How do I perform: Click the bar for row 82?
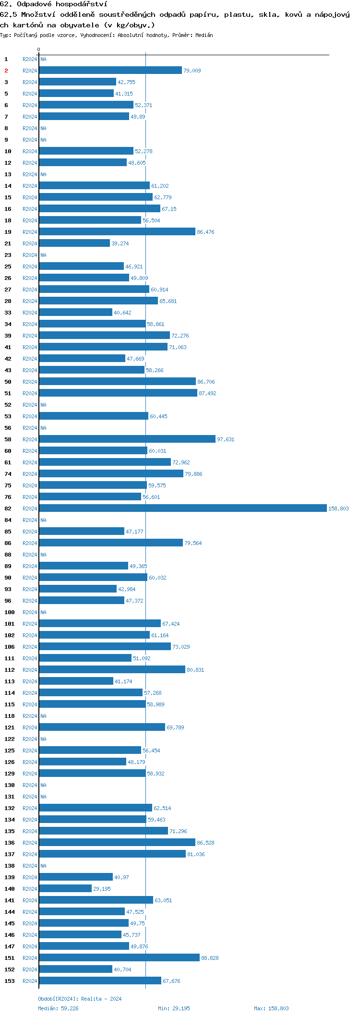click(182, 508)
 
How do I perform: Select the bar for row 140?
click(65, 888)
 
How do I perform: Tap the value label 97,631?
click(226, 439)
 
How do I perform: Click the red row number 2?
click(6, 71)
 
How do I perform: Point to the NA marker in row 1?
click(43, 59)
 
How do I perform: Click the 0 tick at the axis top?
click(39, 49)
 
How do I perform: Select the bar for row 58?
click(127, 439)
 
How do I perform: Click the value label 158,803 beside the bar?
click(338, 508)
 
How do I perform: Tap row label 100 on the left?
click(10, 612)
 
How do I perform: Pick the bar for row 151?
click(119, 957)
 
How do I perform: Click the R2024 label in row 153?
click(30, 981)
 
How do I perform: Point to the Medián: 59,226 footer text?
click(58, 1008)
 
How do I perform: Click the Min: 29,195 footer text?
click(174, 1008)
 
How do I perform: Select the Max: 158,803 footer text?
click(271, 1008)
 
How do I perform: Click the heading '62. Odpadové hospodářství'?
click(54, 4)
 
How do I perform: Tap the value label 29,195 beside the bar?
click(102, 889)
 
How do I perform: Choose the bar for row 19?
click(117, 231)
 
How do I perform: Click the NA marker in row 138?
click(43, 866)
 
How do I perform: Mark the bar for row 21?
click(74, 243)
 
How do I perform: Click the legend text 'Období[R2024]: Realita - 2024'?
click(80, 999)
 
